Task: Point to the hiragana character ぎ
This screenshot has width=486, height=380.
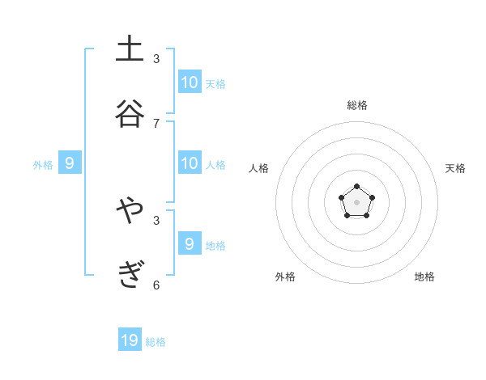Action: pyautogui.click(x=130, y=274)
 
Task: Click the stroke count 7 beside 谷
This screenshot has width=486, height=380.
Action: pyautogui.click(x=156, y=123)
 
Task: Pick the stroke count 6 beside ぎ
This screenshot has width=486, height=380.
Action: pyautogui.click(x=156, y=285)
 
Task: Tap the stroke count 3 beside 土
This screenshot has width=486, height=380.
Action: pyautogui.click(x=156, y=59)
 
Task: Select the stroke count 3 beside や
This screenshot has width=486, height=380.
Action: pyautogui.click(x=156, y=220)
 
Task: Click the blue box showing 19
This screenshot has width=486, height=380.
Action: pyautogui.click(x=130, y=340)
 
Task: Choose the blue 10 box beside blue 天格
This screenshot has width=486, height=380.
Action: pyautogui.click(x=190, y=82)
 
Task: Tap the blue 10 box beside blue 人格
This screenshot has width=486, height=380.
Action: pyautogui.click(x=190, y=163)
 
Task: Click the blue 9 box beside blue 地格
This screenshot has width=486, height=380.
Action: pyautogui.click(x=190, y=244)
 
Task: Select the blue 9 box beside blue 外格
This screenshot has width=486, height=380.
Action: pyautogui.click(x=70, y=163)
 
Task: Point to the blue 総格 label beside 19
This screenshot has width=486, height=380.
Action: pyautogui.click(x=156, y=342)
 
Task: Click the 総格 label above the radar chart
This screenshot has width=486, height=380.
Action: pyautogui.click(x=357, y=105)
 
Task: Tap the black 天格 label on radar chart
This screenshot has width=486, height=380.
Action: pyautogui.click(x=455, y=168)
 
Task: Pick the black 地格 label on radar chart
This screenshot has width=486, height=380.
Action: pyautogui.click(x=424, y=277)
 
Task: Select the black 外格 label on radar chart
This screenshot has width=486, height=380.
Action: pyautogui.click(x=285, y=277)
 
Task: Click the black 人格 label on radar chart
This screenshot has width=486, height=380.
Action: pyautogui.click(x=259, y=168)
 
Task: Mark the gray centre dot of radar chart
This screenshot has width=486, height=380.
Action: pyautogui.click(x=357, y=202)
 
